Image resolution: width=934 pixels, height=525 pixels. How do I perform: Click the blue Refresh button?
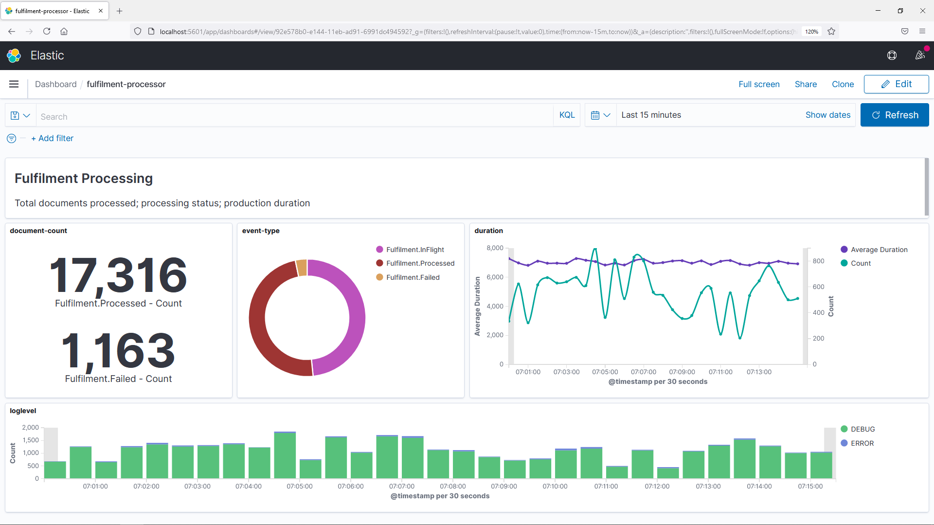894,115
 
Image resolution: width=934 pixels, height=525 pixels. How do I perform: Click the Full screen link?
758,84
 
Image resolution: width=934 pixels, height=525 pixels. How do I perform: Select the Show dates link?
827,115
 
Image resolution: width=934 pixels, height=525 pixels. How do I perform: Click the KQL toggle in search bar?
567,115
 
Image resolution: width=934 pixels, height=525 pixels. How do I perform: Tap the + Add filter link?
52,138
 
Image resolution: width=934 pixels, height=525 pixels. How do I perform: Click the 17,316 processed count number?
118,275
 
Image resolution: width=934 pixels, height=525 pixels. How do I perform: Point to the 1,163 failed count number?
118,351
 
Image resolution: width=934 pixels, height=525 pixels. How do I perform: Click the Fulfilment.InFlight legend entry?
414,250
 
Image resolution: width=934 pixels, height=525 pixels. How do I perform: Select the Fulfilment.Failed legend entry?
413,277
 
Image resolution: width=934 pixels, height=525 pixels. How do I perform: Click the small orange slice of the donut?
302,268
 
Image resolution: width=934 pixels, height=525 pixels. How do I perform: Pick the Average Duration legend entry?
879,250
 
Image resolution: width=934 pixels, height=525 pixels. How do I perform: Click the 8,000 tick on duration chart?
495,248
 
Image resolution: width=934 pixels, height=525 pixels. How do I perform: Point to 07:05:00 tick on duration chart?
605,372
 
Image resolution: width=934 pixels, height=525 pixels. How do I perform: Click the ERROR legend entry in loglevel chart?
862,443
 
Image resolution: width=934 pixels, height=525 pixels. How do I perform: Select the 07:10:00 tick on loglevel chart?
555,486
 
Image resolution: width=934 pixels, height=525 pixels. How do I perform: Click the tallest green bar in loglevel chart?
285,455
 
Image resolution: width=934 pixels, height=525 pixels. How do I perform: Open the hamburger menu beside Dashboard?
14,84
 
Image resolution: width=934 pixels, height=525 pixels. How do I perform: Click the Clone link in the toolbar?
842,84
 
